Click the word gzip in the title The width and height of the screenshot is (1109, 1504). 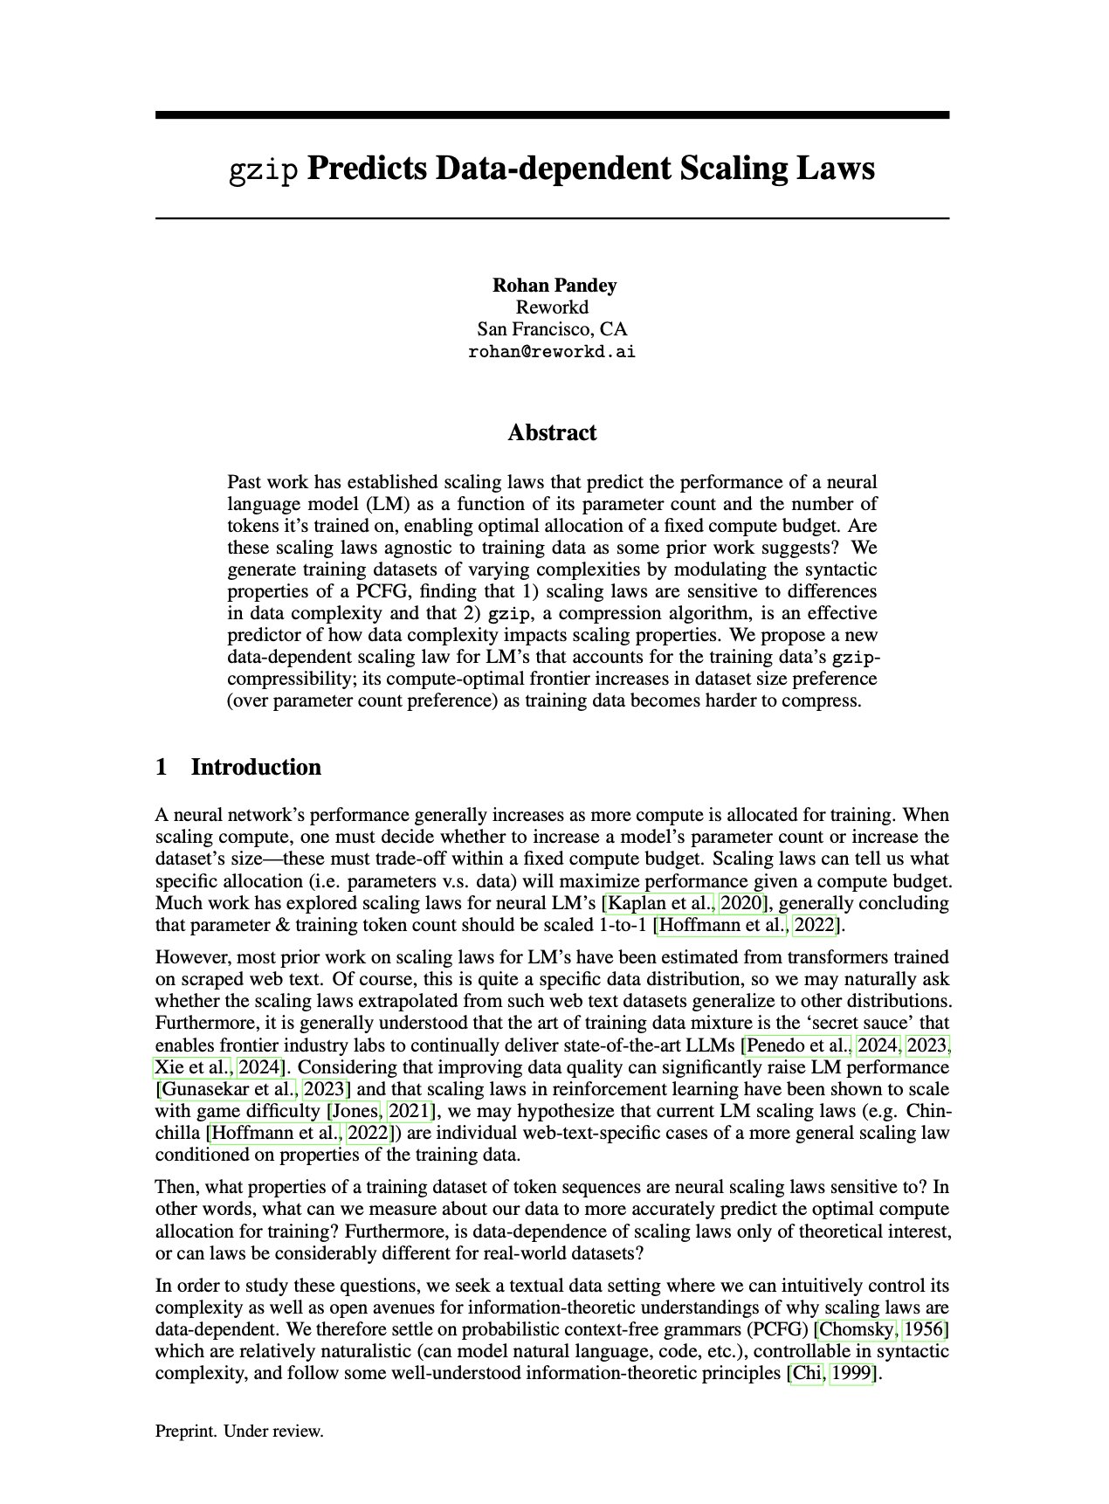(x=264, y=169)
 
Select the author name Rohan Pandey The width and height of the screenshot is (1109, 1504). (x=554, y=286)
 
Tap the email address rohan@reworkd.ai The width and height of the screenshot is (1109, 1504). (x=552, y=352)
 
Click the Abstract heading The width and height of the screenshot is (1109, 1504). (x=552, y=433)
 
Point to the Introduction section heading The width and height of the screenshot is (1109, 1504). (x=256, y=768)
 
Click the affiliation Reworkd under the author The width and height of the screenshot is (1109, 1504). (x=552, y=307)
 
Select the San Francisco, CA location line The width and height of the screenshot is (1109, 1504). (x=552, y=329)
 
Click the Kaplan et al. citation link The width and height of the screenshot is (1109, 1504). (x=661, y=903)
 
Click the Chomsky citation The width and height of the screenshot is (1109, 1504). (x=856, y=1330)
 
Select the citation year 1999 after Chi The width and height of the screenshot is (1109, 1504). (x=851, y=1375)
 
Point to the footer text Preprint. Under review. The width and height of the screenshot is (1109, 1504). (x=239, y=1432)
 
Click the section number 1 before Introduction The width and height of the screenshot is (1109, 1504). (x=162, y=768)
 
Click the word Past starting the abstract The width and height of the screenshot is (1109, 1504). (x=245, y=483)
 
